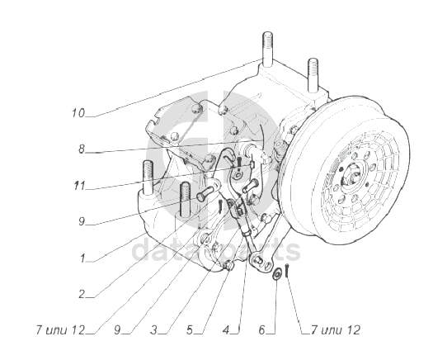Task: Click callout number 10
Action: coord(78,113)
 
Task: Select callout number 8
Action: coord(81,149)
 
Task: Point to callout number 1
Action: coord(82,258)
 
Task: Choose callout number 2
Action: coord(82,294)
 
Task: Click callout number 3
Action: coord(153,329)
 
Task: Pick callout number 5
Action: coord(190,329)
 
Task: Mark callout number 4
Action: coord(226,329)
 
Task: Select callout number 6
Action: coord(261,329)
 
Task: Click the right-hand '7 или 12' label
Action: coord(336,329)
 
